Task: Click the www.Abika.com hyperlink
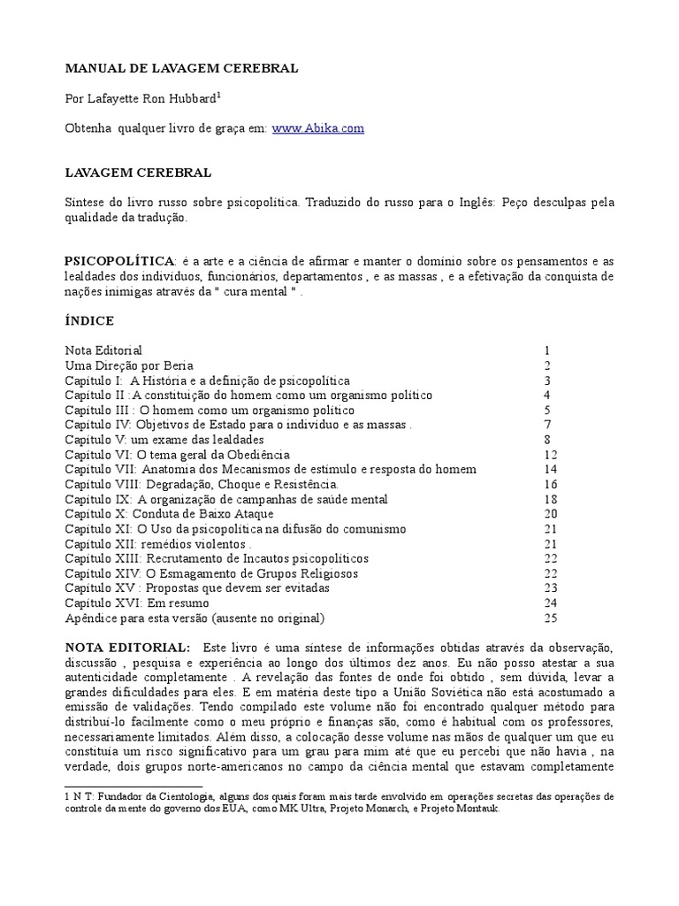point(318,128)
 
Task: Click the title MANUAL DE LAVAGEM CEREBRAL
point(182,68)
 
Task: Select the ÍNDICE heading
point(89,319)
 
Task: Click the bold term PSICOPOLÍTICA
point(119,263)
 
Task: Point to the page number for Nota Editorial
point(548,350)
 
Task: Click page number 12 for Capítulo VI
point(551,454)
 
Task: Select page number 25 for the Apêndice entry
point(551,618)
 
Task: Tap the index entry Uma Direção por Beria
point(129,365)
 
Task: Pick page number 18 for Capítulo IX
point(551,499)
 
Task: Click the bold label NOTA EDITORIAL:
point(126,649)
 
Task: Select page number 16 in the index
point(551,484)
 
